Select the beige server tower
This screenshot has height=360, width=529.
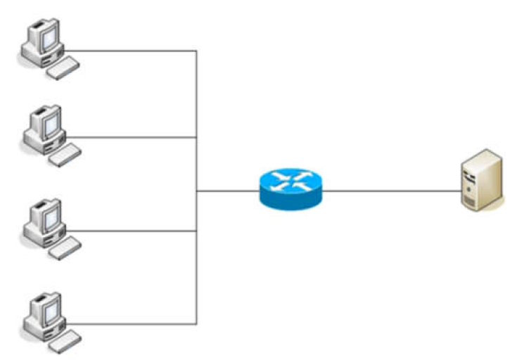tap(483, 180)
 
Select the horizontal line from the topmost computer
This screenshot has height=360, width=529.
tap(134, 51)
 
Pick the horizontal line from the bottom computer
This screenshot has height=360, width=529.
tap(134, 324)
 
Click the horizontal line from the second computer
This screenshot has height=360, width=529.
tap(134, 138)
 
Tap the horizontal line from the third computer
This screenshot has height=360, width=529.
tap(134, 231)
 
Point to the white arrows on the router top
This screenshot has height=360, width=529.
tap(291, 180)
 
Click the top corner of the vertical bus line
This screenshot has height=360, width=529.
tap(196, 51)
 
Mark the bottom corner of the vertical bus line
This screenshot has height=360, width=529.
tap(196, 324)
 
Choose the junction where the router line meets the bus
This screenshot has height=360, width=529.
tap(196, 191)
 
